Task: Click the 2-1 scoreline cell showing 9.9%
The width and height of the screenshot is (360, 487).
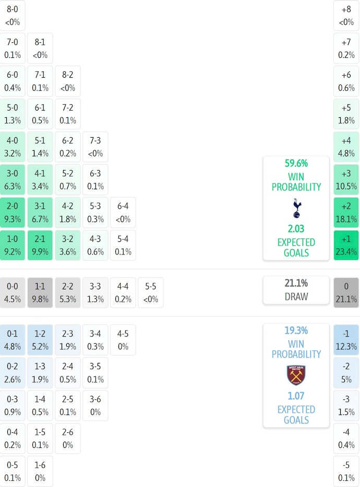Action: pyautogui.click(x=40, y=245)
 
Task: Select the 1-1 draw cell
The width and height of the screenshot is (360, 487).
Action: pyautogui.click(x=40, y=293)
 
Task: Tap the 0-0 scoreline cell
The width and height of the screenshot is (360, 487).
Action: pyautogui.click(x=13, y=293)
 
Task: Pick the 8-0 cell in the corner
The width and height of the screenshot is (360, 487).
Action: pyautogui.click(x=13, y=15)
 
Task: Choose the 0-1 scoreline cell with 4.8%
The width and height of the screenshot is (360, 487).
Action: pyautogui.click(x=13, y=340)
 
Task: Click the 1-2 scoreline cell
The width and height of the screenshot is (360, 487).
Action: pyautogui.click(x=40, y=340)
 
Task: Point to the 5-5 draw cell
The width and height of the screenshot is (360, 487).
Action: pyautogui.click(x=151, y=293)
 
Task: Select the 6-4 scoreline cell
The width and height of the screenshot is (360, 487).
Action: pyautogui.click(x=123, y=212)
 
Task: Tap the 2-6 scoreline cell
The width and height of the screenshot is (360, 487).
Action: pyautogui.click(x=68, y=439)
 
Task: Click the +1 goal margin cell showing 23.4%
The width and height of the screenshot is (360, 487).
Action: pyautogui.click(x=346, y=245)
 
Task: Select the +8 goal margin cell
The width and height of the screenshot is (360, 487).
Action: pyautogui.click(x=346, y=15)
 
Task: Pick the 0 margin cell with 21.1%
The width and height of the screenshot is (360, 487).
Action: pyautogui.click(x=346, y=293)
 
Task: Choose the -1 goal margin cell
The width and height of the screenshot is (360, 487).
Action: pyautogui.click(x=346, y=340)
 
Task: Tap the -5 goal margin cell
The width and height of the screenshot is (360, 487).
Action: pyautogui.click(x=346, y=471)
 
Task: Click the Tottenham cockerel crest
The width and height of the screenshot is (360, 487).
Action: pyautogui.click(x=296, y=208)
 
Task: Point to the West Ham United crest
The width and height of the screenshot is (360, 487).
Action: pyautogui.click(x=296, y=375)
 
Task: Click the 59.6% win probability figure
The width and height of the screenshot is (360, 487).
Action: pyautogui.click(x=296, y=163)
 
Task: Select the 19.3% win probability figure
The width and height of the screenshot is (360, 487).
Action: pyautogui.click(x=296, y=330)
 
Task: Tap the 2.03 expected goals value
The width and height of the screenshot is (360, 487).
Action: pyautogui.click(x=296, y=228)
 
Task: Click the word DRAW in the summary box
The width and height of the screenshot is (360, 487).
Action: pyautogui.click(x=296, y=297)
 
